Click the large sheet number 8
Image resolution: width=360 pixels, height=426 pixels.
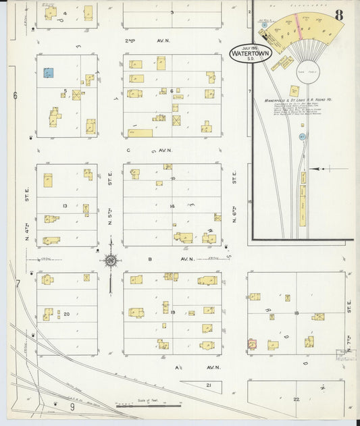pyautogui.click(x=338, y=14)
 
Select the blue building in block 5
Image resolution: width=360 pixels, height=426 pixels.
pyautogui.click(x=49, y=72)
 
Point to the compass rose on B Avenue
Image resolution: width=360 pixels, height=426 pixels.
pyautogui.click(x=111, y=259)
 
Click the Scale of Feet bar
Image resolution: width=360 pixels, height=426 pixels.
pyautogui.click(x=149, y=406)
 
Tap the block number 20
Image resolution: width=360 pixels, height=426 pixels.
pyautogui.click(x=66, y=315)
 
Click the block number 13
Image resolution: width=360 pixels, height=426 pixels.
pyautogui.click(x=66, y=206)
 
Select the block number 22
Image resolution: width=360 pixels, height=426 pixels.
pyautogui.click(x=296, y=400)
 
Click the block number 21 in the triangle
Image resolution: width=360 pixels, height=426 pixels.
pyautogui.click(x=209, y=385)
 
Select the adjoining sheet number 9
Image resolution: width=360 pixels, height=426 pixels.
pyautogui.click(x=72, y=406)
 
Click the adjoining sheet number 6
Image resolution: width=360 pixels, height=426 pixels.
pyautogui.click(x=15, y=96)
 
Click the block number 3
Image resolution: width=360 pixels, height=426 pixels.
pyautogui.click(x=172, y=12)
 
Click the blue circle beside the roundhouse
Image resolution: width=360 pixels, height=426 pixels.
pyautogui.click(x=303, y=136)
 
